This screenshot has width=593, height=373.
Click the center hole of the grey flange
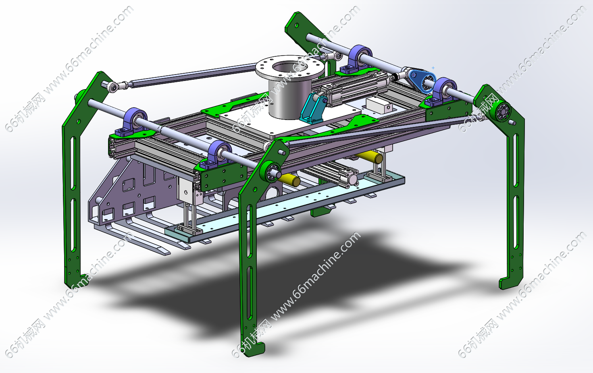290,68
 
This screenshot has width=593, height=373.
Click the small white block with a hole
379,105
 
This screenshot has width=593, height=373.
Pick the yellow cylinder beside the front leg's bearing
290,180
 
